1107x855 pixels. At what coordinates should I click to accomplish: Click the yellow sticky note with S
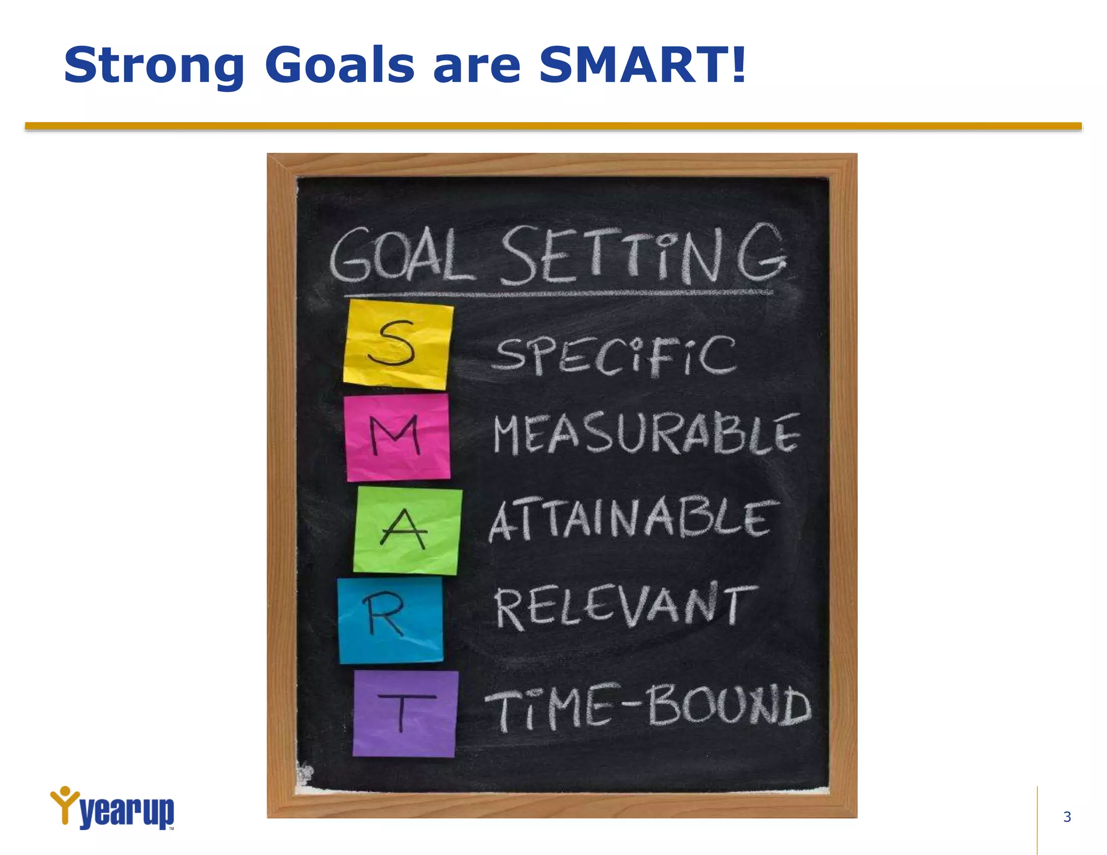(398, 344)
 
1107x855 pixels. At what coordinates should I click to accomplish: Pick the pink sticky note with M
(397, 437)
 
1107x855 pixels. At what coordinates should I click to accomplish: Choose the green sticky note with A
(407, 530)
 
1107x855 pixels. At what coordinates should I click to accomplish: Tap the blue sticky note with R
(390, 619)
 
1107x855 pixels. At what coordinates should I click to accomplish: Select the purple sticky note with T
(405, 713)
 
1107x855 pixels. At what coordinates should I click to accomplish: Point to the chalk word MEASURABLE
(646, 434)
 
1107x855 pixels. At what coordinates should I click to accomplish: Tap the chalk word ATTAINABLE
(632, 519)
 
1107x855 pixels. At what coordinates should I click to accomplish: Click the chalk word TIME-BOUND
(648, 706)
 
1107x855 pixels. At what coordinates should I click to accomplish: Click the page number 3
(1066, 817)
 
